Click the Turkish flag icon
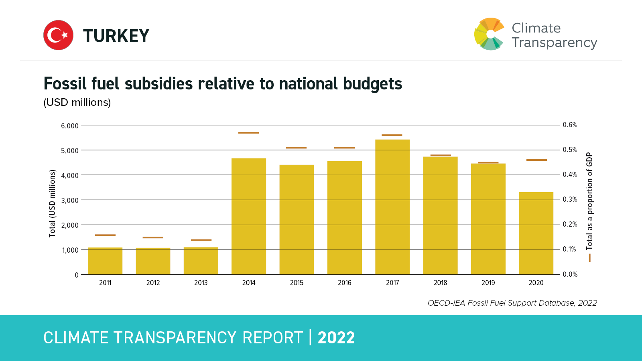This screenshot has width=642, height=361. tap(58, 35)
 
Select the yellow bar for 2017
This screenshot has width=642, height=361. tap(392, 207)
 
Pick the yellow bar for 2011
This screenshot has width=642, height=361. tap(105, 261)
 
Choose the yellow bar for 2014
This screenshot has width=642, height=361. tap(249, 217)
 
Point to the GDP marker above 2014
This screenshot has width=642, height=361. tap(249, 133)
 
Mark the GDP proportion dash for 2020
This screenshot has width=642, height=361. tap(536, 160)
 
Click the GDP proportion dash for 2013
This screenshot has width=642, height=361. tap(201, 240)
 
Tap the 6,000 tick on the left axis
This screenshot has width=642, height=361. tap(70, 126)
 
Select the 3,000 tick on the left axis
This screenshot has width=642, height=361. tap(70, 201)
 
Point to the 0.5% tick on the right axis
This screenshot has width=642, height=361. tap(570, 150)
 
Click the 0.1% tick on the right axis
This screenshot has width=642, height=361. tap(570, 249)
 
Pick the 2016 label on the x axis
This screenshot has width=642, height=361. tap(345, 283)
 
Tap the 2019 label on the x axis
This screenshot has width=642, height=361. tap(488, 283)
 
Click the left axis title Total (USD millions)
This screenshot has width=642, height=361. tap(52, 203)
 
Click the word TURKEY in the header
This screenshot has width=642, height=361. tap(116, 36)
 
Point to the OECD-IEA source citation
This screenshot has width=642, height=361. tap(512, 303)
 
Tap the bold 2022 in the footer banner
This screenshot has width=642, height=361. tap(336, 338)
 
